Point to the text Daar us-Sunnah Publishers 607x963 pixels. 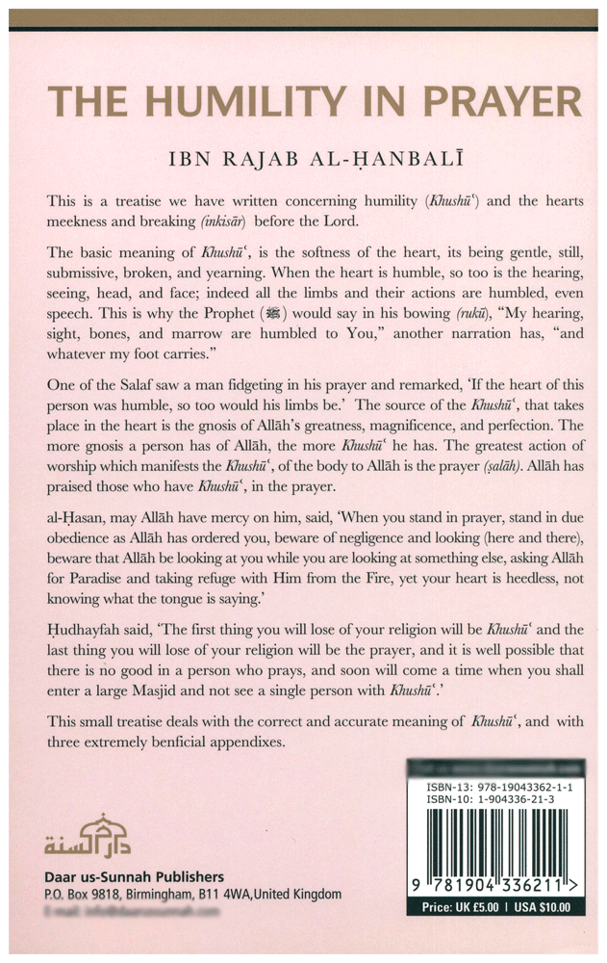click(134, 877)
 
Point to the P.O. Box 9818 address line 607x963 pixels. click(192, 895)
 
